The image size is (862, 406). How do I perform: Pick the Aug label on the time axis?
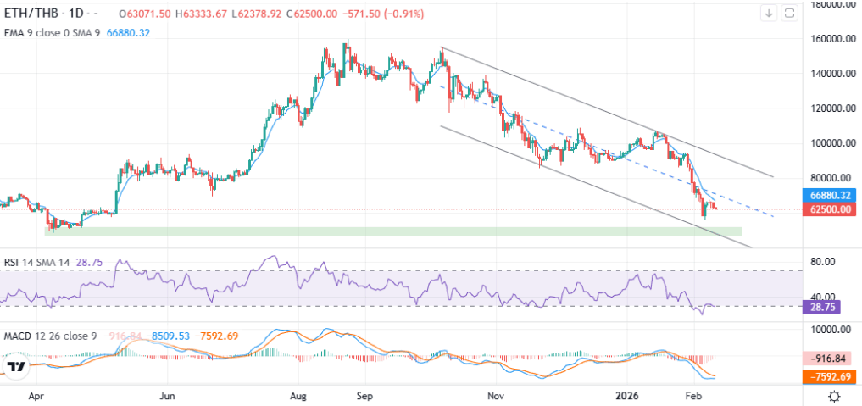(x=298, y=395)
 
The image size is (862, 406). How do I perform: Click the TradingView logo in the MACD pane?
(x=15, y=367)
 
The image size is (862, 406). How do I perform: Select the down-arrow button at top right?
(x=769, y=13)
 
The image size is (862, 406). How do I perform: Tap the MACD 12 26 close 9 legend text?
(x=51, y=336)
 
